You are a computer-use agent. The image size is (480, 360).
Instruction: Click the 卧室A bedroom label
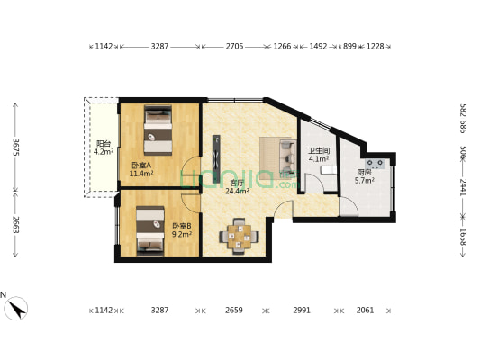[141, 165]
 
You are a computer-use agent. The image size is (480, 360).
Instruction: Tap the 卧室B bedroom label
[181, 226]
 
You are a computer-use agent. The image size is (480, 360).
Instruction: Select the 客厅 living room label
[237, 183]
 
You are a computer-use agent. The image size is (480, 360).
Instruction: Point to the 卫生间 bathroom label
[318, 151]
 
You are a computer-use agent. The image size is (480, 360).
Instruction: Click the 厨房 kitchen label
[364, 173]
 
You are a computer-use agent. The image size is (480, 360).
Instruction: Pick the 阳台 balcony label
[104, 144]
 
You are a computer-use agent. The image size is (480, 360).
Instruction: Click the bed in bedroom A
[158, 130]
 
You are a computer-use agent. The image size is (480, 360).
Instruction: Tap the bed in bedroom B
[149, 229]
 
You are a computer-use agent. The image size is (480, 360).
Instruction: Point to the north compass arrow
[15, 308]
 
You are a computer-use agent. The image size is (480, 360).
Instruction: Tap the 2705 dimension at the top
[234, 45]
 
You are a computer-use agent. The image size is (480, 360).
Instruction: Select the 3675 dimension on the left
[15, 146]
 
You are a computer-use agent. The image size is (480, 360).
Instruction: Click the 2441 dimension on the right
[462, 186]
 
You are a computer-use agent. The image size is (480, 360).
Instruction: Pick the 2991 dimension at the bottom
[301, 310]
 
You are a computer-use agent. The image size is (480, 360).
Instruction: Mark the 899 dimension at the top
[349, 45]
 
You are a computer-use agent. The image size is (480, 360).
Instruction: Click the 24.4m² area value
[237, 191]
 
